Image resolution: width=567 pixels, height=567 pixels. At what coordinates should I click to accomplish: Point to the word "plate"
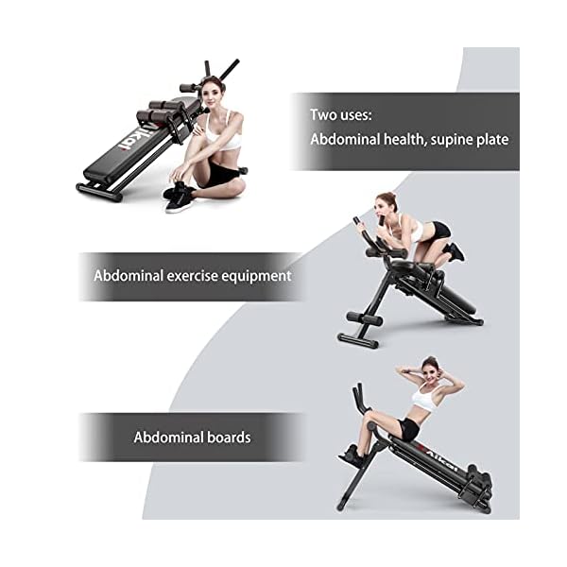click(497, 139)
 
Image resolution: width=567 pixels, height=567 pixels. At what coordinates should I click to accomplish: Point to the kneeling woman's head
click(386, 203)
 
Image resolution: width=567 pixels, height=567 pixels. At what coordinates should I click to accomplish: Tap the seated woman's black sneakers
click(178, 195)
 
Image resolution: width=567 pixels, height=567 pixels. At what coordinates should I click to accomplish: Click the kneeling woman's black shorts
click(438, 230)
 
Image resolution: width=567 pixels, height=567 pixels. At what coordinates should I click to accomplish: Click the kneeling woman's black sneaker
click(457, 251)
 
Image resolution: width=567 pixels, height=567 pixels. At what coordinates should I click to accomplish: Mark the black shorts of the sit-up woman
click(408, 429)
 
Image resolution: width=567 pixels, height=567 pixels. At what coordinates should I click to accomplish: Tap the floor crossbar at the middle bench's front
click(358, 339)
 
